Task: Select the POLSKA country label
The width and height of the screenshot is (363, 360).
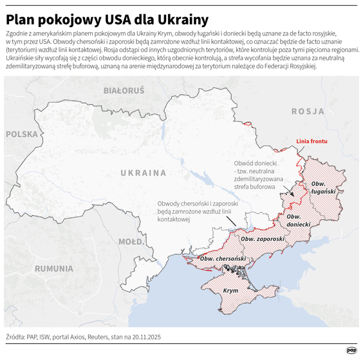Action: [x=23, y=135]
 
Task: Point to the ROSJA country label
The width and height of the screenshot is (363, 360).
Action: [x=308, y=111]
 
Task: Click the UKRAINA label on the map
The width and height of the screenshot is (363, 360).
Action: [x=143, y=173]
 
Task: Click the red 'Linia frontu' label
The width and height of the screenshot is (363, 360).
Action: [x=312, y=140]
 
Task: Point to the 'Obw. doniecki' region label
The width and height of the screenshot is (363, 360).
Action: [x=298, y=220]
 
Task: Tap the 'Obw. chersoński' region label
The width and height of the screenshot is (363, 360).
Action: [x=223, y=258]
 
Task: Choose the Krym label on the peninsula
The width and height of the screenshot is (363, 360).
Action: [x=230, y=291]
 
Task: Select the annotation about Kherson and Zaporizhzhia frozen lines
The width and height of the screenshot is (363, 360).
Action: [x=198, y=211]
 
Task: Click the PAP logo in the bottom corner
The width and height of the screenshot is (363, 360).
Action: [x=351, y=350]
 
